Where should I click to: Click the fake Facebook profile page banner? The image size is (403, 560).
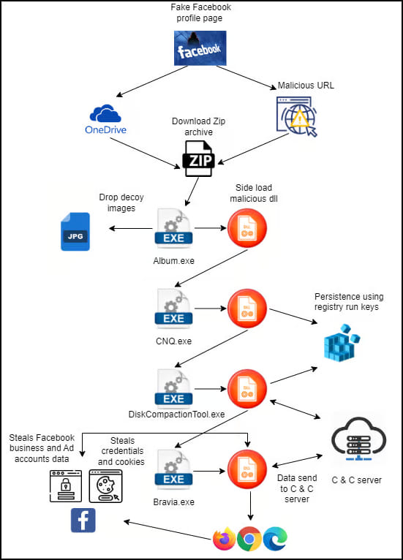(200, 48)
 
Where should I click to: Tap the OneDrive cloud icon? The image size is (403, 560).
(105, 113)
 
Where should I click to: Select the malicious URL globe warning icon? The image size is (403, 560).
(297, 116)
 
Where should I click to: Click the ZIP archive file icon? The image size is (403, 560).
(199, 159)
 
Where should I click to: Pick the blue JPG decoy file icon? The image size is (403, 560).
(75, 232)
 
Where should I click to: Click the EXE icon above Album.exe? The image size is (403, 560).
(173, 228)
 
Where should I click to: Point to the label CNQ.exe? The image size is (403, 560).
(173, 341)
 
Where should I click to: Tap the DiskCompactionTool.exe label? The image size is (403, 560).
(176, 415)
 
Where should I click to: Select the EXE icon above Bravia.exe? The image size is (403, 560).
(173, 469)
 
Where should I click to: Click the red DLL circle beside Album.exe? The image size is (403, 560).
(247, 228)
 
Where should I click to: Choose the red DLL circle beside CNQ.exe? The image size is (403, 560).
(247, 309)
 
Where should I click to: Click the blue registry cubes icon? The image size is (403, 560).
(342, 342)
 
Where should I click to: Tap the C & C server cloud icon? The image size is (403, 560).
(358, 439)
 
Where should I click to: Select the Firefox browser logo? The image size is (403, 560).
(224, 538)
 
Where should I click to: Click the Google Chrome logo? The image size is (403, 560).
(249, 538)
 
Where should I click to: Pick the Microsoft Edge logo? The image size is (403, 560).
(275, 538)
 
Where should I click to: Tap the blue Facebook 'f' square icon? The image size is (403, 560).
(83, 521)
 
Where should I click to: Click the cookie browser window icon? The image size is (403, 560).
(106, 486)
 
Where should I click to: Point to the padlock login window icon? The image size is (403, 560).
(66, 486)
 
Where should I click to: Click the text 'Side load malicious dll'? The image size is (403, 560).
(254, 193)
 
